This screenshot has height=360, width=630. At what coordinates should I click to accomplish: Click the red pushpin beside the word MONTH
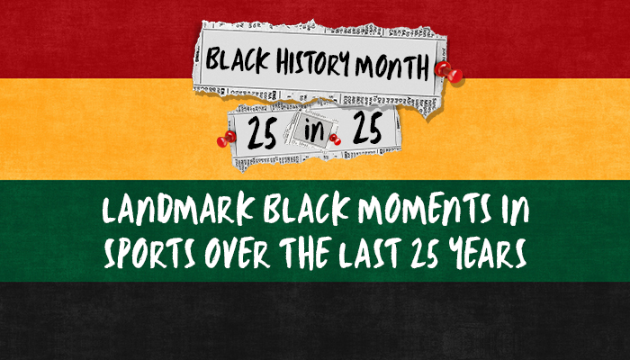point(443,70)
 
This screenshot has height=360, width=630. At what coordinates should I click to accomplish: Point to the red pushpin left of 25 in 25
point(226,138)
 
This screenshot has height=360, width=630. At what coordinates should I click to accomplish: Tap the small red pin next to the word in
point(335,137)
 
